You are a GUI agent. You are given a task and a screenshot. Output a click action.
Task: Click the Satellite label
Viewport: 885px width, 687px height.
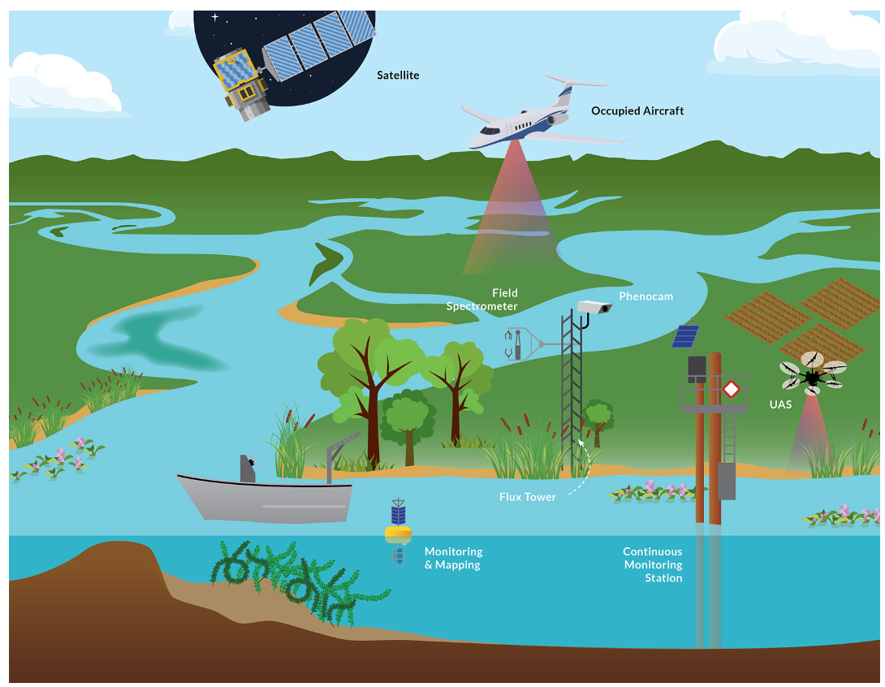pyautogui.click(x=398, y=75)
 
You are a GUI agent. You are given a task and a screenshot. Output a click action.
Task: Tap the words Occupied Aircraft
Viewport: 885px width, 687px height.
pyautogui.click(x=637, y=110)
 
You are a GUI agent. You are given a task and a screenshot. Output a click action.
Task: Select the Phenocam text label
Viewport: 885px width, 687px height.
pyautogui.click(x=645, y=296)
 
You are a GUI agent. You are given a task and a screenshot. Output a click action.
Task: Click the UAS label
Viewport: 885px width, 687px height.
pyautogui.click(x=780, y=404)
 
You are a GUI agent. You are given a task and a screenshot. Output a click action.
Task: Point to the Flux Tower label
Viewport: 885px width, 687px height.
pyautogui.click(x=528, y=497)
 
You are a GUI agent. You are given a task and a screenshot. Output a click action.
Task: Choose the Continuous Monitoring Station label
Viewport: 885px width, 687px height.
pyautogui.click(x=653, y=564)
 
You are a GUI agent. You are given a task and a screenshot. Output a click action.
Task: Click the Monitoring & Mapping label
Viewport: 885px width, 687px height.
pyautogui.click(x=453, y=559)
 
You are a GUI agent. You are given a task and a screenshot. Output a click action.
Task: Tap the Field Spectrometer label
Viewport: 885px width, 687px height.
pyautogui.click(x=482, y=300)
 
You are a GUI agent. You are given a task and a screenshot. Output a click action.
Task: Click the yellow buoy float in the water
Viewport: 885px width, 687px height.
pyautogui.click(x=398, y=533)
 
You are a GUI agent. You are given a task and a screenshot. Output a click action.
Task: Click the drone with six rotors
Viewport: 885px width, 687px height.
pyautogui.click(x=812, y=374)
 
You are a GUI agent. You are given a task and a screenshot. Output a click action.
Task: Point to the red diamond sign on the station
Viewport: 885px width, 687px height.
pyautogui.click(x=731, y=389)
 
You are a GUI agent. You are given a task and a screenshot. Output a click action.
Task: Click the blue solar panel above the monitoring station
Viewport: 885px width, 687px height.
pyautogui.click(x=685, y=336)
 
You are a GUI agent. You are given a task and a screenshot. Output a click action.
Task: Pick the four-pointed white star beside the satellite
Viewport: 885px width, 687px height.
pyautogui.click(x=214, y=17)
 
